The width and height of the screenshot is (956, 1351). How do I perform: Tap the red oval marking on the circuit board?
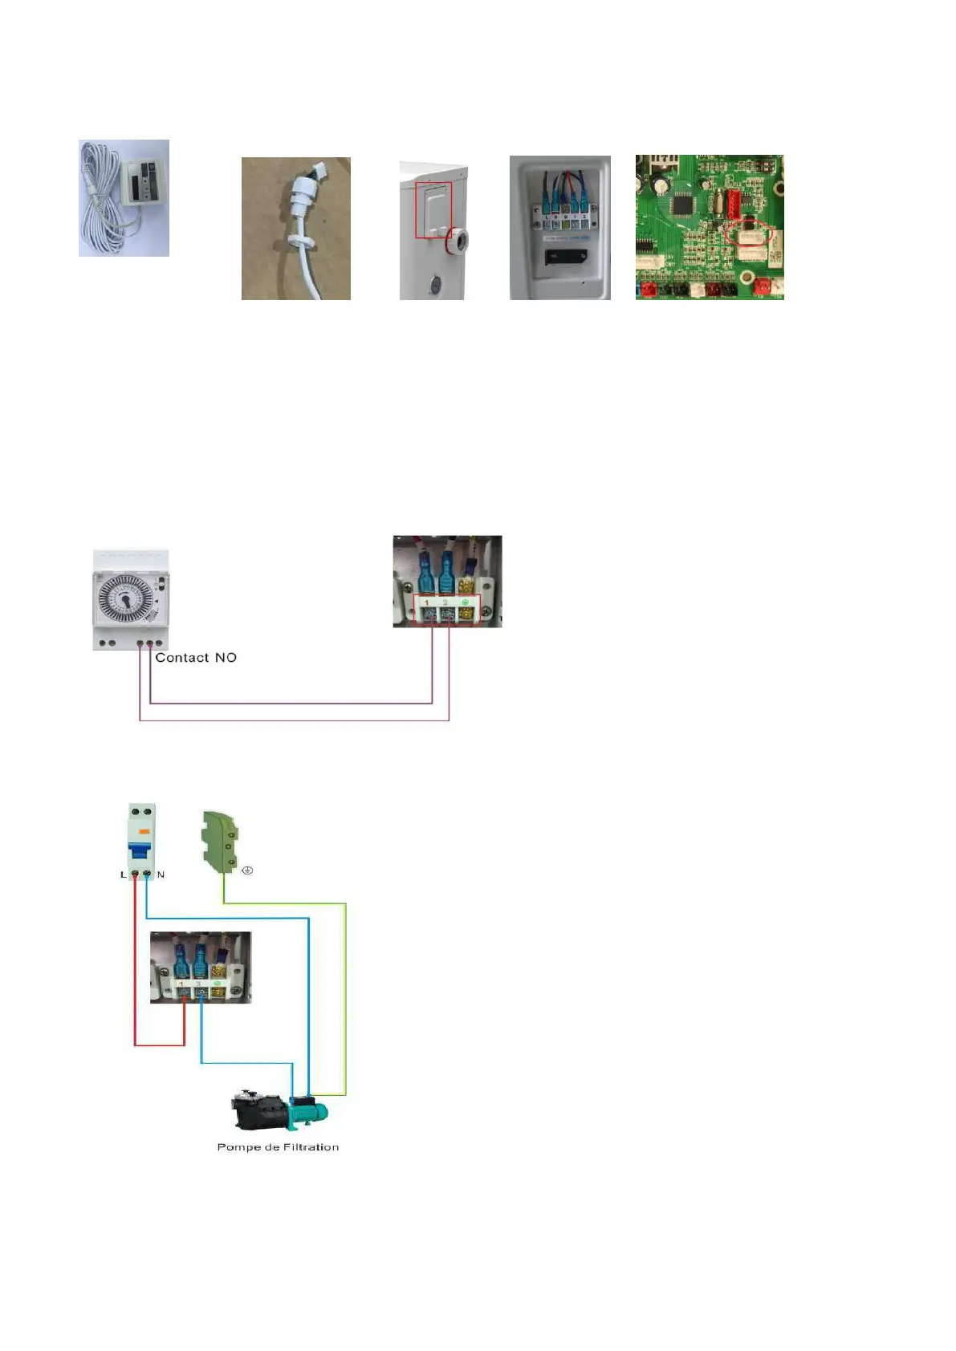click(x=747, y=233)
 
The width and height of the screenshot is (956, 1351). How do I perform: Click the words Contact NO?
click(x=196, y=658)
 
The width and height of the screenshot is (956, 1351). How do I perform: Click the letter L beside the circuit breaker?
click(x=124, y=874)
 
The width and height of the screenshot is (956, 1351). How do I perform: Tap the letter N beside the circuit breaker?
click(x=161, y=874)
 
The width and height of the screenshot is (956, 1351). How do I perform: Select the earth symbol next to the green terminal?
click(x=247, y=870)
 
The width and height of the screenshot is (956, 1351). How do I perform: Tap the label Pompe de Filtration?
click(x=278, y=1147)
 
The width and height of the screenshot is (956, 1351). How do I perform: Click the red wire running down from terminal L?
click(x=134, y=963)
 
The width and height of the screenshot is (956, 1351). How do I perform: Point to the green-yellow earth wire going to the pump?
click(x=345, y=1003)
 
